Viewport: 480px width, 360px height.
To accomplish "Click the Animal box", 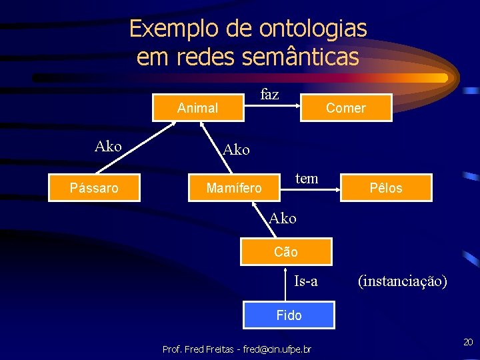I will click(x=198, y=108).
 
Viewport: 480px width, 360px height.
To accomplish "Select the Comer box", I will click(x=346, y=108).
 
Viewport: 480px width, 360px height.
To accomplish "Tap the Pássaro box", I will click(x=94, y=188).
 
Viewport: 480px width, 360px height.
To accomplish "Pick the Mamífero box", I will click(x=234, y=188).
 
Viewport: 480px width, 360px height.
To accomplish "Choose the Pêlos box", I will click(x=387, y=188).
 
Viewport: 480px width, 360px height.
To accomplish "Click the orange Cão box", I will click(x=286, y=252).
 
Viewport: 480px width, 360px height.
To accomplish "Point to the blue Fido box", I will click(x=289, y=315).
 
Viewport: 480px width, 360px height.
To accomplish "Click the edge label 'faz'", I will click(x=269, y=95).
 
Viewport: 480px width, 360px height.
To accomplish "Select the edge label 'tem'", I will click(x=307, y=178).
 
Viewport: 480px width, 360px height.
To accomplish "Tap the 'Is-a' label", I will click(x=306, y=281).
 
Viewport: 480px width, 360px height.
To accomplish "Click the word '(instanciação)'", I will click(x=402, y=281).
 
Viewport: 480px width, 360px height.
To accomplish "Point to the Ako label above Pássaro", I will click(x=108, y=146).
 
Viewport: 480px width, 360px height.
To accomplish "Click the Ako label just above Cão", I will click(x=283, y=218).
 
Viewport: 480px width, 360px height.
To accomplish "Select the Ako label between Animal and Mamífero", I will click(x=237, y=150).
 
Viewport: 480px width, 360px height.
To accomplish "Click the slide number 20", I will click(x=468, y=342).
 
